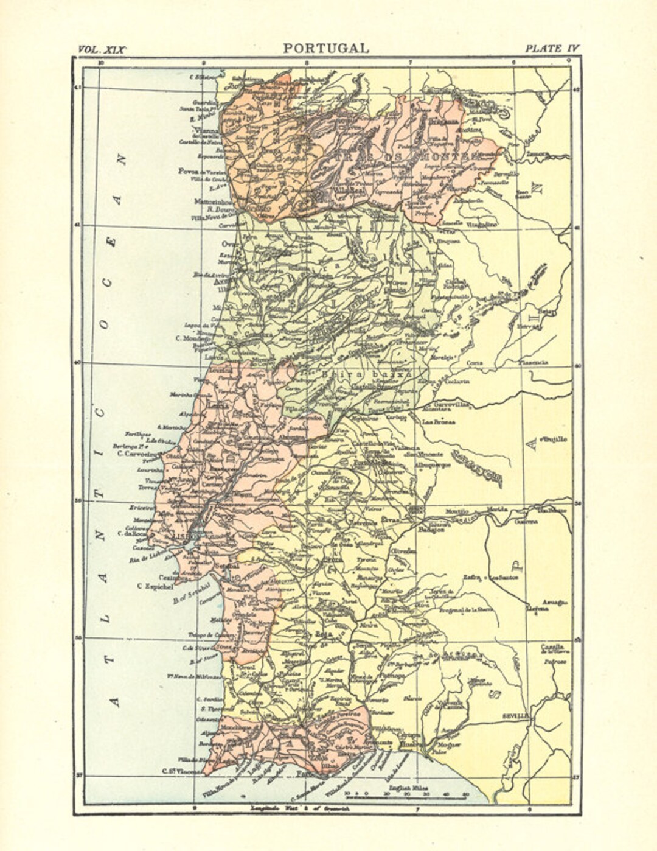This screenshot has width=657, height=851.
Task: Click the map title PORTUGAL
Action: click(x=325, y=48)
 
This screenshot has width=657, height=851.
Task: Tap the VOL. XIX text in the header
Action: click(x=102, y=49)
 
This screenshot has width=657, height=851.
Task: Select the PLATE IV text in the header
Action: click(x=552, y=49)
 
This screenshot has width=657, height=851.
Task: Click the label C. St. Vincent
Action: click(x=181, y=771)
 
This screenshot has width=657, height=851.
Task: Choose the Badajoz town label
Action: click(x=431, y=529)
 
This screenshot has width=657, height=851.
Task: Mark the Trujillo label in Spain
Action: click(x=552, y=438)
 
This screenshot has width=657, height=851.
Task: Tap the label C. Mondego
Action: click(x=192, y=338)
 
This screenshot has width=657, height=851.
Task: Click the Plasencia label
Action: click(x=533, y=362)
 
